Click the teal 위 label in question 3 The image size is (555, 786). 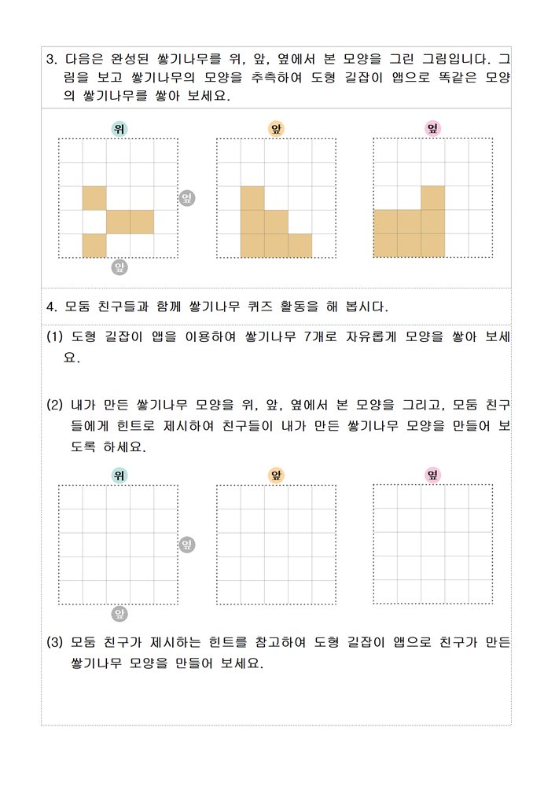coord(118,129)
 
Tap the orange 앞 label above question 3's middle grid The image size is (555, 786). coord(276,129)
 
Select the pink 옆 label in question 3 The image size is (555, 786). coord(432,128)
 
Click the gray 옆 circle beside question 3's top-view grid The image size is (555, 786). coord(188,198)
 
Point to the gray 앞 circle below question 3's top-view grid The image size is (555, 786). coord(119,267)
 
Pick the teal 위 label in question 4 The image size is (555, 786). coord(118,475)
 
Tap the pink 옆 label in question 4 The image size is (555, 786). coord(432,475)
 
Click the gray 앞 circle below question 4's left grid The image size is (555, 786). coord(119,613)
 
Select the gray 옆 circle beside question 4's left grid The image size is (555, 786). coord(188,544)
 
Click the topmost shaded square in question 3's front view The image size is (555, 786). coord(252,198)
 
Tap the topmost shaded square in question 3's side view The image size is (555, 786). coord(433,197)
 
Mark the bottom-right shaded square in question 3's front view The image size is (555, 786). coord(300,245)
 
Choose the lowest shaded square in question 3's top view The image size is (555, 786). coord(94,245)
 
